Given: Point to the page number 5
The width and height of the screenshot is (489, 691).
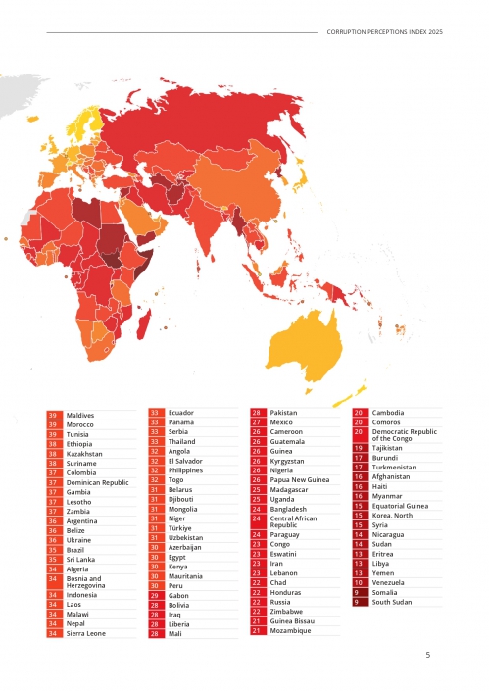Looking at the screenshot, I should pos(427,654).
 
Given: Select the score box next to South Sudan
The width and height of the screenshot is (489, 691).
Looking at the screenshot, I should pos(360,602).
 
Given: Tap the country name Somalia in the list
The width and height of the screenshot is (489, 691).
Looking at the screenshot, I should pos(385,592).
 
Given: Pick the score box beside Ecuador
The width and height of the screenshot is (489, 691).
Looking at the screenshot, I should pos(155,413).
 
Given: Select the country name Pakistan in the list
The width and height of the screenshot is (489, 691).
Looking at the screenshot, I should pos(285,414).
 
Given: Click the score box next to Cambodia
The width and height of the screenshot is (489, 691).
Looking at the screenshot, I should pos(360,413).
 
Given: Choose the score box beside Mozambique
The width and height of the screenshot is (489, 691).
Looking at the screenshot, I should pos(257,630).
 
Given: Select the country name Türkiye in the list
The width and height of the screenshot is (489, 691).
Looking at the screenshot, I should pos(180,527).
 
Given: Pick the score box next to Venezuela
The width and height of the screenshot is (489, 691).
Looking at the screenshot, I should pos(360,582).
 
